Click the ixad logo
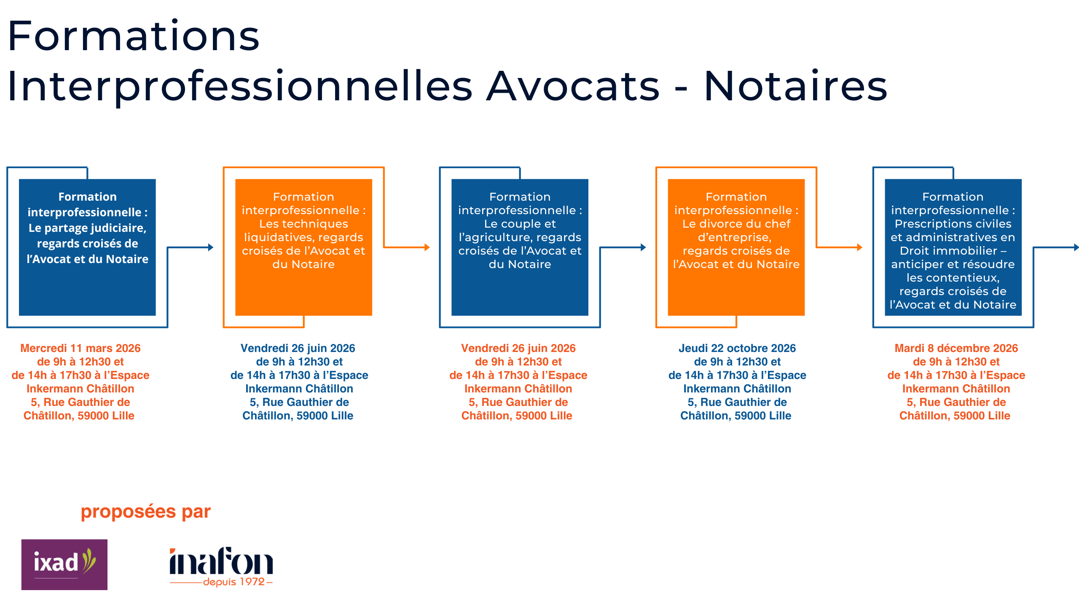point(64,564)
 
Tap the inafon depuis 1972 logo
point(221,566)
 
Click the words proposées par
point(145,511)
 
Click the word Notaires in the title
point(795,86)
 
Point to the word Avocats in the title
point(573,86)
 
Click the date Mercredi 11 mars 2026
point(80,348)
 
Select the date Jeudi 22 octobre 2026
point(737,348)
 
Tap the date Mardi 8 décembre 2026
point(956,348)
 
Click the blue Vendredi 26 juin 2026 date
point(298,348)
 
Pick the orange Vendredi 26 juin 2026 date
point(518,348)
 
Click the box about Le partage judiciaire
point(87,247)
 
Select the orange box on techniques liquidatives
point(303,247)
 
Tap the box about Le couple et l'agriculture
point(520,247)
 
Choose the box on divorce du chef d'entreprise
point(736,247)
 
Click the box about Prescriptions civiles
point(953,247)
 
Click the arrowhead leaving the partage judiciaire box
point(211,247)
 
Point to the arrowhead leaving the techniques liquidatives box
point(427,247)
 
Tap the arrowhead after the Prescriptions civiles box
point(1076,247)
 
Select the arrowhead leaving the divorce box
point(860,247)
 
